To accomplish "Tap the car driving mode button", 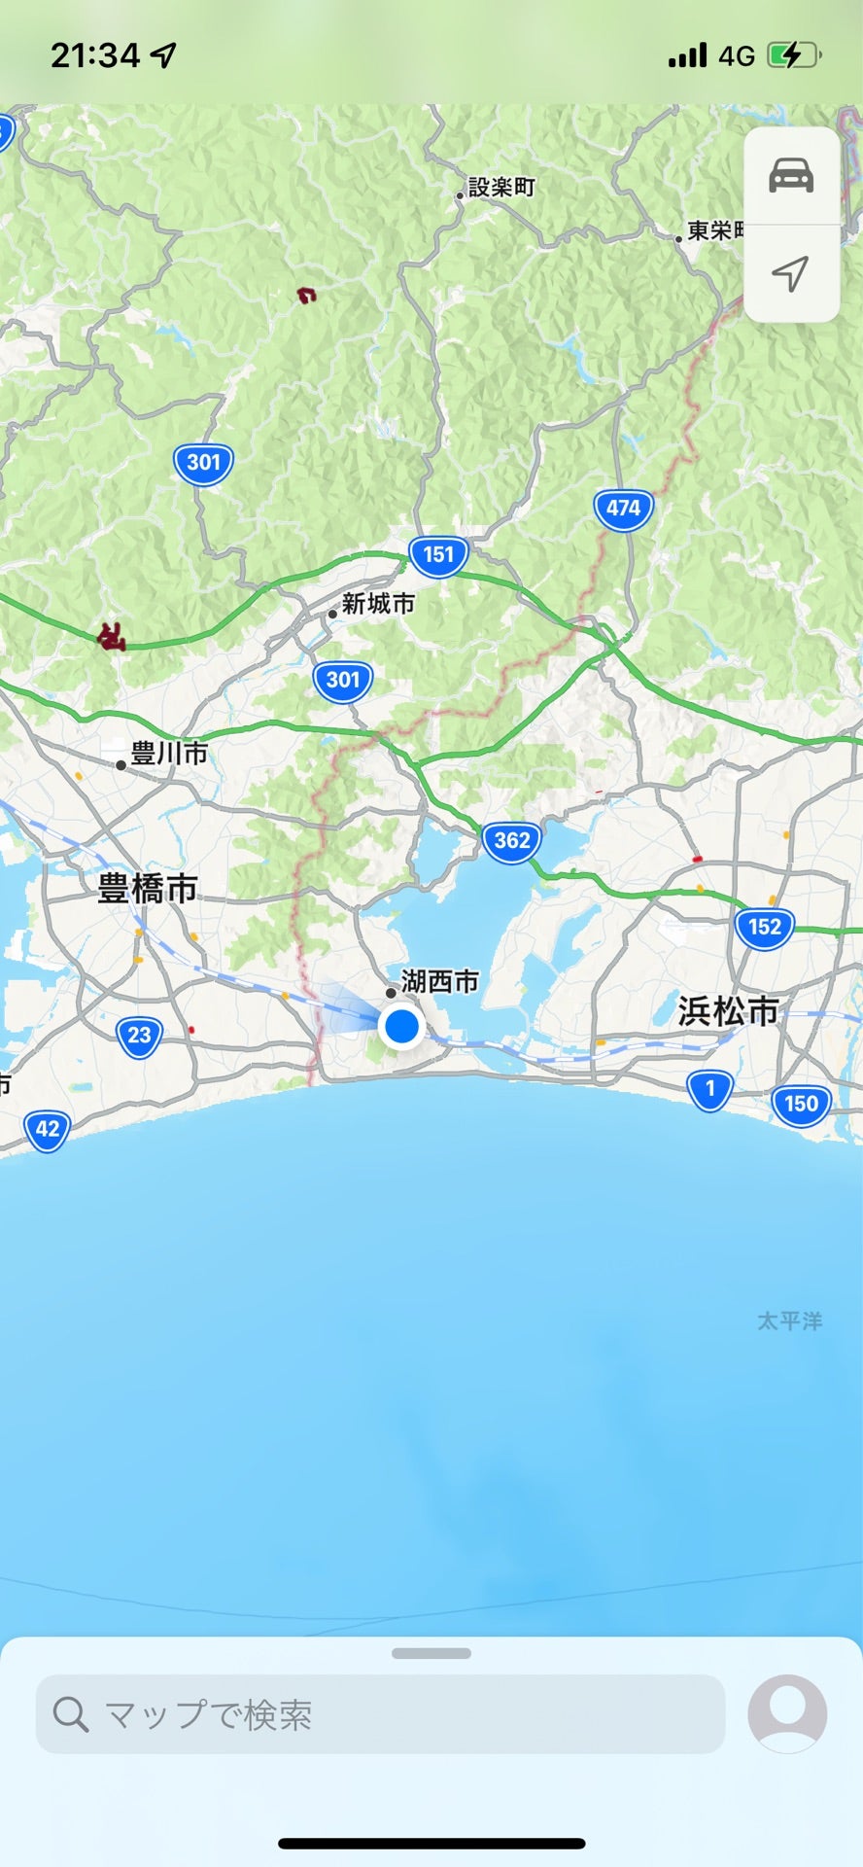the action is click(x=791, y=176).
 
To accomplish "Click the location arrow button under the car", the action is click(x=791, y=273).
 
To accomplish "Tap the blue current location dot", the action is click(x=400, y=1026).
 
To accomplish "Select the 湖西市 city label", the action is click(x=439, y=982).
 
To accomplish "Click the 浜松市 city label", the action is click(x=729, y=1011).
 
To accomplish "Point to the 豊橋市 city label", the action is click(x=148, y=888).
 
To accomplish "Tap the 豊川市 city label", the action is click(x=168, y=754).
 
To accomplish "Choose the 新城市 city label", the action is click(x=378, y=604).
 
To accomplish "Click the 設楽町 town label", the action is click(x=501, y=188).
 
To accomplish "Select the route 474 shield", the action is click(x=623, y=509).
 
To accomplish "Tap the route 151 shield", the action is click(x=438, y=555).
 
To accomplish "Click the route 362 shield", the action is click(x=512, y=841).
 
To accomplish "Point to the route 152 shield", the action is click(x=765, y=927).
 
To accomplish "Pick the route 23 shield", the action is click(x=140, y=1036).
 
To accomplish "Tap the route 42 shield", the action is click(x=48, y=1130).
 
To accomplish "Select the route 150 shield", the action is click(x=801, y=1105).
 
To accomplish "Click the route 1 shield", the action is click(x=709, y=1089).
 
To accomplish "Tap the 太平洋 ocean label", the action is click(x=789, y=1321).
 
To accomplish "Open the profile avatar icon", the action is click(x=787, y=1714).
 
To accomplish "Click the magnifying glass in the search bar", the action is click(x=71, y=1714).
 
